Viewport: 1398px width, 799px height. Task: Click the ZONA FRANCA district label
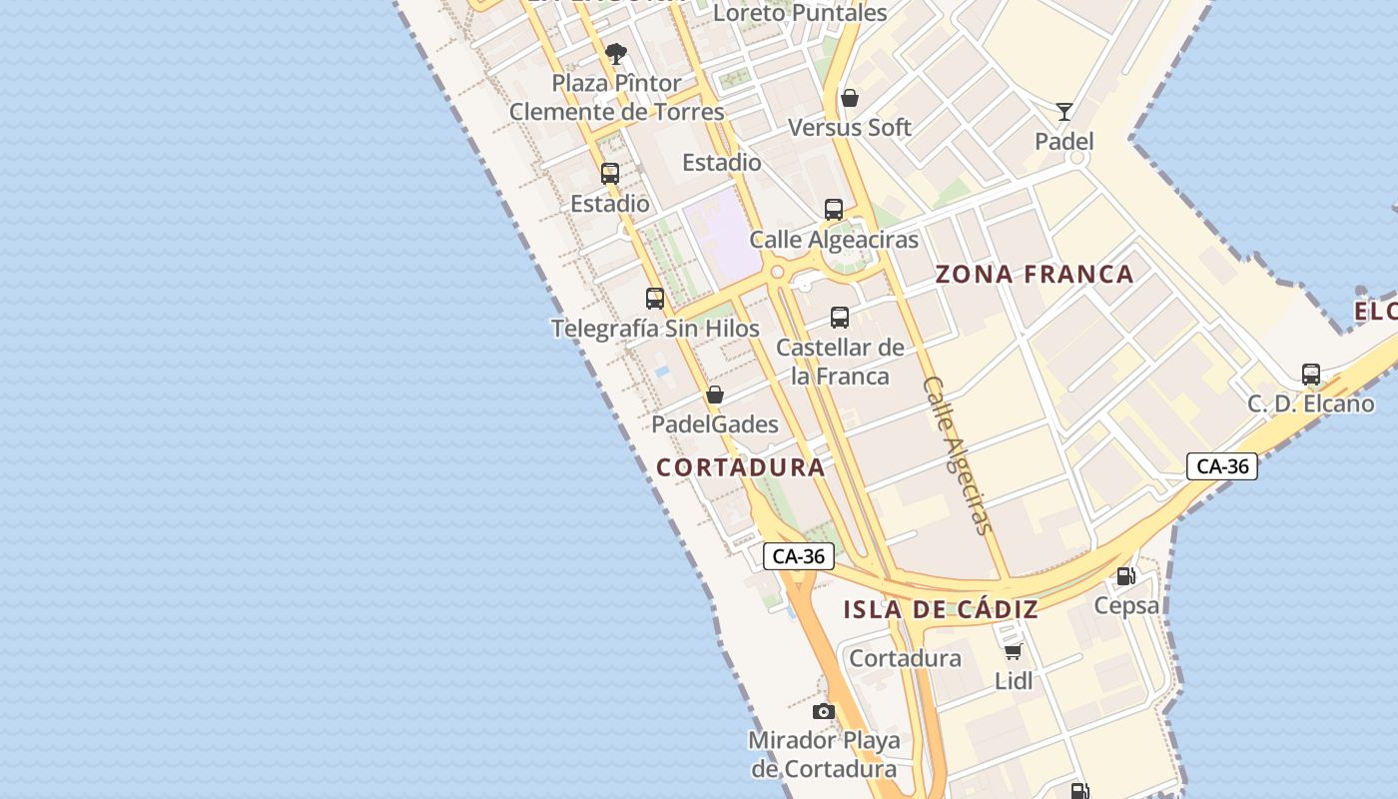(1035, 275)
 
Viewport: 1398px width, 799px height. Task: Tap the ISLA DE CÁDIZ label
(941, 609)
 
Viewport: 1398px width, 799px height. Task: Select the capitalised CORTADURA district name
(741, 467)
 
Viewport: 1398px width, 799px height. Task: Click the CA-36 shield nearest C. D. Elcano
(1222, 466)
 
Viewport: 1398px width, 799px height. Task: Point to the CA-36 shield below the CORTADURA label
(799, 556)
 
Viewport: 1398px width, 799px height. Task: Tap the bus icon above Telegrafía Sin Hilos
(655, 298)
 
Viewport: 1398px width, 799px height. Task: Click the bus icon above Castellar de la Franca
(840, 318)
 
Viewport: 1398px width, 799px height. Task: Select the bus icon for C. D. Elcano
(1311, 375)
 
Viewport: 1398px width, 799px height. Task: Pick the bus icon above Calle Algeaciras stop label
(834, 210)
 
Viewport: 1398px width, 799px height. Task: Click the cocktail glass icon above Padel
(1064, 111)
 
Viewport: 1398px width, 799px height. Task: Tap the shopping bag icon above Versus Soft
(850, 98)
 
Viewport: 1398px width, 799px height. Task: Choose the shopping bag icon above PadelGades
(715, 395)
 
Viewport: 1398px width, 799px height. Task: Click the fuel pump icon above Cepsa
(1126, 575)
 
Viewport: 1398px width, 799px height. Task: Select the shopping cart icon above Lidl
(1014, 652)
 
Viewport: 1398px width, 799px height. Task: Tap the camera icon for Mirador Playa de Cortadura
(824, 711)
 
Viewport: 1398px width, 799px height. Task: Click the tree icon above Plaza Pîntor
(616, 53)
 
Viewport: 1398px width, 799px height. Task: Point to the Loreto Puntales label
(800, 13)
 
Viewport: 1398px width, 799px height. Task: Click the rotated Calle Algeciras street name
(957, 454)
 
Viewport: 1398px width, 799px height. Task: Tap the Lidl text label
(1014, 681)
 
